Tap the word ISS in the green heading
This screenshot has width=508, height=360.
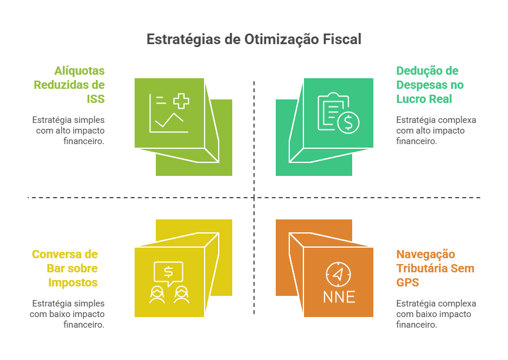[x=96, y=99]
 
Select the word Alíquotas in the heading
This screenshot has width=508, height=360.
[x=79, y=71]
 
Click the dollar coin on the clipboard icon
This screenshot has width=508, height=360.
[x=349, y=122]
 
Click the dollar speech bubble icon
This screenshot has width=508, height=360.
[x=169, y=272]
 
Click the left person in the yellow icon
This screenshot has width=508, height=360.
[x=156, y=294]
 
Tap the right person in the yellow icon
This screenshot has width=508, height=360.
[x=181, y=294]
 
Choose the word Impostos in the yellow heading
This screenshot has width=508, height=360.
[x=73, y=282]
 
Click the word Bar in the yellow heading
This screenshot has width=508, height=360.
[x=55, y=268]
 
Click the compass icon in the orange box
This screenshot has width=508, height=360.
[x=338, y=274]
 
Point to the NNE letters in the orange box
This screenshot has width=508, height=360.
[x=339, y=296]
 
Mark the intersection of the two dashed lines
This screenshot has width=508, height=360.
[x=254, y=198]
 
